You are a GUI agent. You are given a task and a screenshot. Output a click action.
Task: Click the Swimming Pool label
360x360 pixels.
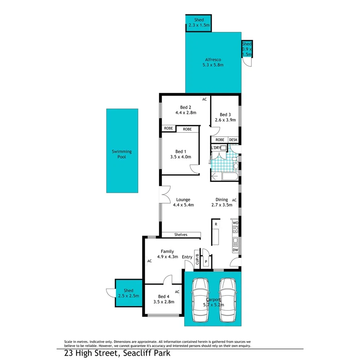pos(122,155)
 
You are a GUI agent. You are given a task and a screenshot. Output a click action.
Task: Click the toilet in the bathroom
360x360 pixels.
pos(236,166)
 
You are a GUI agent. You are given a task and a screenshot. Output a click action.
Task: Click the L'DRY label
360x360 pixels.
pos(215,148)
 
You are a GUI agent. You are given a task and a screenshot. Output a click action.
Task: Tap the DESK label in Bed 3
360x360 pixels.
pos(233,140)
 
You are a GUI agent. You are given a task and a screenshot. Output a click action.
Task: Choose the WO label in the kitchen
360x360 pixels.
pos(235,223)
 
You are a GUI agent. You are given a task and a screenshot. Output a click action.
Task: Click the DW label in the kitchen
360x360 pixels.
pos(235,250)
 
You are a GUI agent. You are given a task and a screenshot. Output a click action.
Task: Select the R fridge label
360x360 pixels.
pos(216,224)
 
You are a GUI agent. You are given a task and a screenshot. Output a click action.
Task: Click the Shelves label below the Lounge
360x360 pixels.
pos(181,234)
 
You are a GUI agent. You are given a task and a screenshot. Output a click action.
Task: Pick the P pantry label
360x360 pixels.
pos(206,261)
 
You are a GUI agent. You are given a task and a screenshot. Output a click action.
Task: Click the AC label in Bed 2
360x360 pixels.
pos(204,99)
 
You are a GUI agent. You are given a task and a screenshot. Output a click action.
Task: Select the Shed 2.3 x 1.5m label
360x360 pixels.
pos(199,23)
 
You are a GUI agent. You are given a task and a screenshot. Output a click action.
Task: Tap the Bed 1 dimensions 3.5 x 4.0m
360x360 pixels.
pos(181,157)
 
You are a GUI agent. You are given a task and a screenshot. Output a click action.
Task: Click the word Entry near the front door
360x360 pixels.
pos(187,257)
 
